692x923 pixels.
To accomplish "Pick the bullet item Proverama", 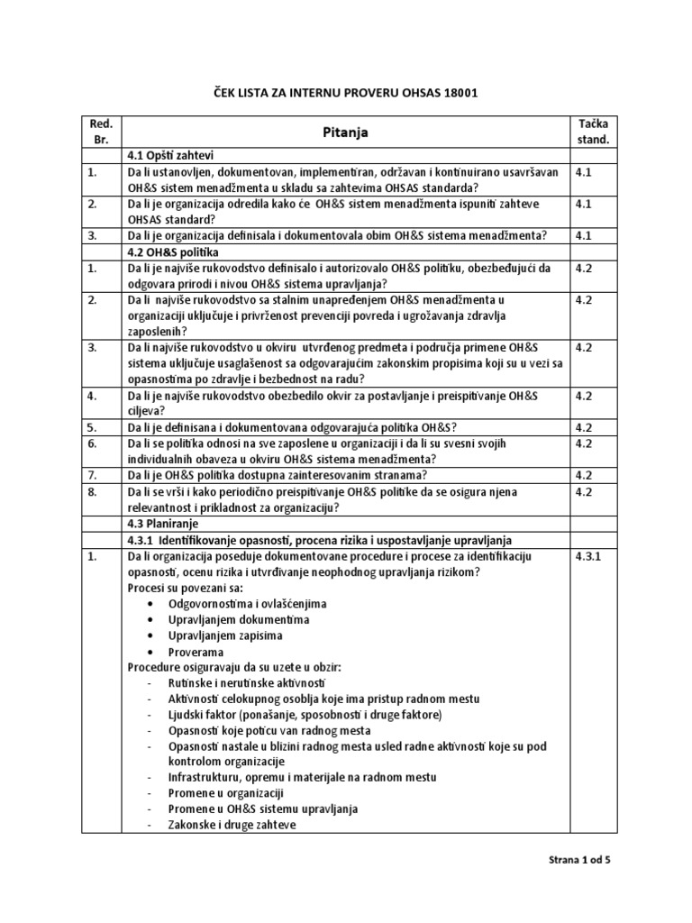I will click(196, 652).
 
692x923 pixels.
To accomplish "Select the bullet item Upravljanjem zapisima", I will click(225, 635).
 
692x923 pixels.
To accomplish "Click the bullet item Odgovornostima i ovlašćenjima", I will click(248, 603).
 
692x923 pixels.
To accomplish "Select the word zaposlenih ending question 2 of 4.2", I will click(158, 331).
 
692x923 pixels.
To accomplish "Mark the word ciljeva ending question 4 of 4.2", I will click(146, 410).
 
